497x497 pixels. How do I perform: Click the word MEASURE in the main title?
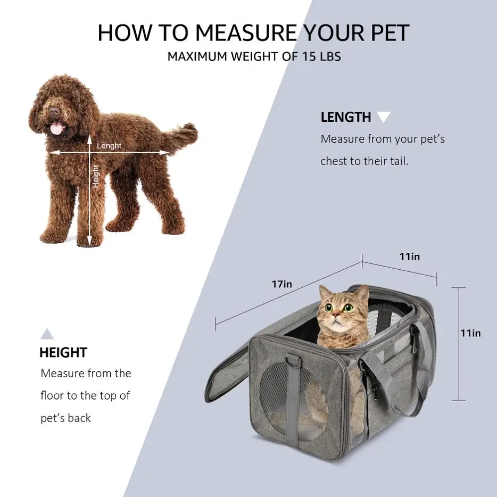point(246,32)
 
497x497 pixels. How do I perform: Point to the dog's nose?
point(54,111)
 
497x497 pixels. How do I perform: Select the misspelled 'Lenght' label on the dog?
point(109,146)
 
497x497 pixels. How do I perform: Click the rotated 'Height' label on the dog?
point(95,176)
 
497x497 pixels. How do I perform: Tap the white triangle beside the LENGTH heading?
point(384,117)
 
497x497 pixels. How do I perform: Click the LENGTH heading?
point(346,117)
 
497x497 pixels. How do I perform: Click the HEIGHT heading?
point(63,352)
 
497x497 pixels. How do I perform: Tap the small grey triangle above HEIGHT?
point(47,334)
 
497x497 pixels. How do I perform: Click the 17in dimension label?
point(282,284)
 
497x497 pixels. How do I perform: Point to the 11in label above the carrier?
point(410,256)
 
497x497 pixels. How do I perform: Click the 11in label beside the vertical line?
point(470,333)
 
